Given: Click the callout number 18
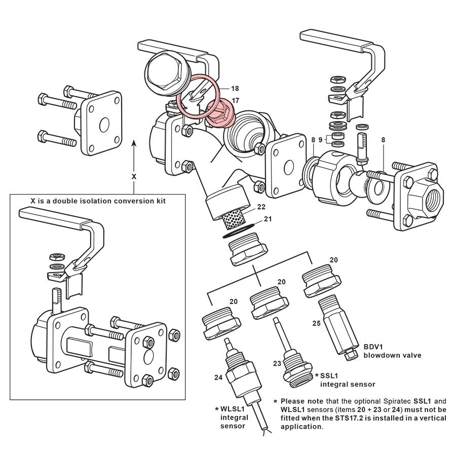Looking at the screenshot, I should click(235, 88).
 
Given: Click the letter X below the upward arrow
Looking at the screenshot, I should click(134, 177).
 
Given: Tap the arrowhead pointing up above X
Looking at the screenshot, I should click(134, 144).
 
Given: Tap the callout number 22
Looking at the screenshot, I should click(261, 207).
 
